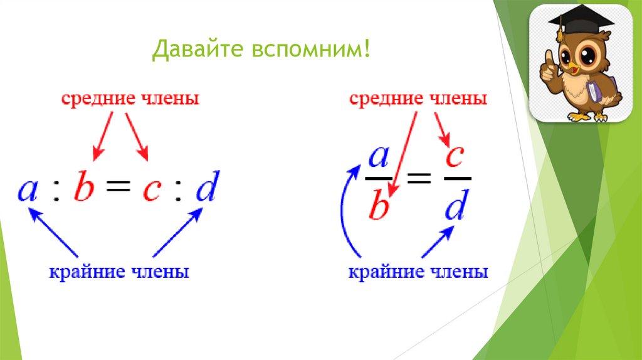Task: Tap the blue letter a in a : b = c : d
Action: click(x=28, y=189)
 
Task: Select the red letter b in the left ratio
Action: click(x=83, y=188)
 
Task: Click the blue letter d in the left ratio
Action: click(x=205, y=188)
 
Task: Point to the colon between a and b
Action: click(x=56, y=191)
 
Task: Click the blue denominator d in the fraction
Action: click(x=455, y=205)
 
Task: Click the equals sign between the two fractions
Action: click(x=418, y=181)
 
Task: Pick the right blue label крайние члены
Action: click(x=418, y=273)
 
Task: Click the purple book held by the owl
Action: click(x=593, y=92)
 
